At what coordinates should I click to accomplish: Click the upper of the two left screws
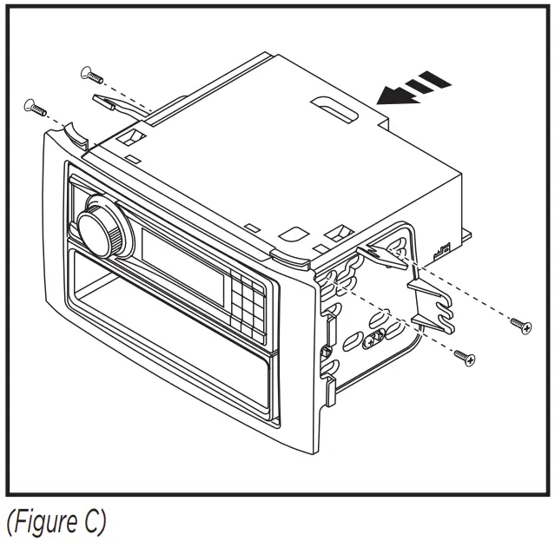pyautogui.click(x=91, y=74)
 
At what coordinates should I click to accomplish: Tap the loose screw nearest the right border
pyautogui.click(x=522, y=327)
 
